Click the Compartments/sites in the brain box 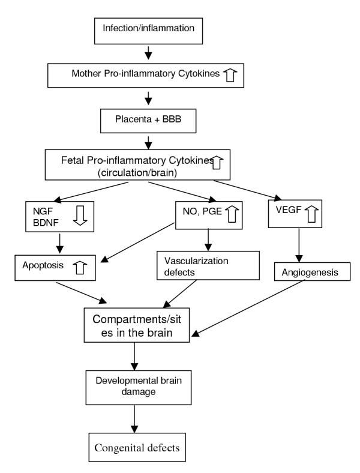pos(164,324)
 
